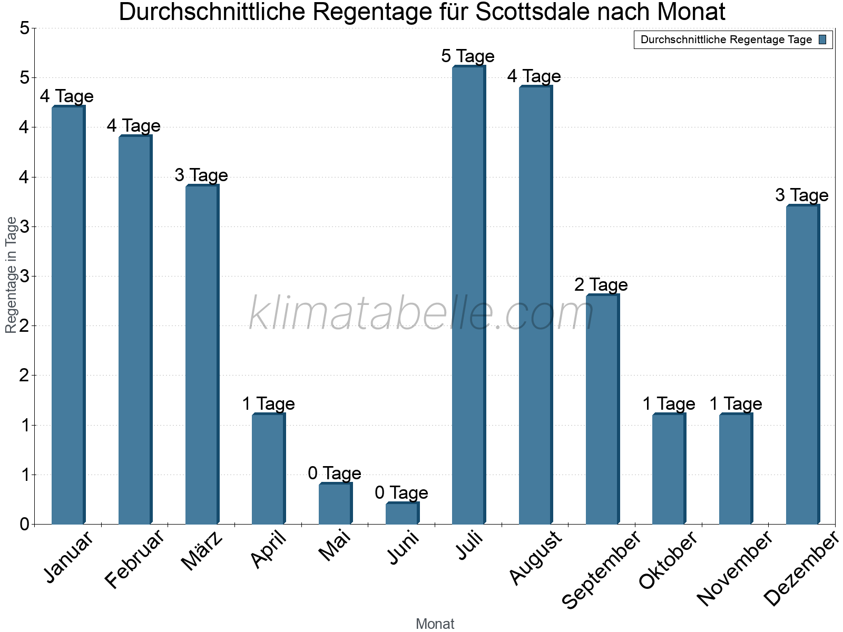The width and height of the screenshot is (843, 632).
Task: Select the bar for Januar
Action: tap(68, 315)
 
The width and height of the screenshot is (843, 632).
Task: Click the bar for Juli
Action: tap(468, 295)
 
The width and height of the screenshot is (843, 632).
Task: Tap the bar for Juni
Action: tap(402, 513)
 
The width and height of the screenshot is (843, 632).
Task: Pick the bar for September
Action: tap(602, 410)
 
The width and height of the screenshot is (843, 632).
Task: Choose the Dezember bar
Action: tap(802, 364)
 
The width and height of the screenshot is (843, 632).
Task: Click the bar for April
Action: tap(268, 469)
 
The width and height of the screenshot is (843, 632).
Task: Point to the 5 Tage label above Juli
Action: tap(468, 56)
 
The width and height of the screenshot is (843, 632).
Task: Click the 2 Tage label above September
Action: tap(601, 285)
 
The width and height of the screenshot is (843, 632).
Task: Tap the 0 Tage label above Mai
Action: tap(335, 473)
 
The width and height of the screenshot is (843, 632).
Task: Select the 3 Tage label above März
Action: tap(201, 175)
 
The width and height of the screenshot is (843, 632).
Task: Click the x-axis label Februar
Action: tap(134, 559)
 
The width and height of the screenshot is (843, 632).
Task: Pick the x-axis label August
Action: tap(536, 558)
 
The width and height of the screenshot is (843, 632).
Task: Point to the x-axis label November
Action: tap(734, 568)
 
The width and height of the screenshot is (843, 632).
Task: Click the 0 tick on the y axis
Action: tap(24, 525)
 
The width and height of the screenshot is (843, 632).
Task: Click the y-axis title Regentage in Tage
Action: tap(11, 275)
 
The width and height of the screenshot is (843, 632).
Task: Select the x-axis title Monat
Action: tap(435, 624)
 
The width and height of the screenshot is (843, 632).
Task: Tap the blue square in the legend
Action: tap(822, 39)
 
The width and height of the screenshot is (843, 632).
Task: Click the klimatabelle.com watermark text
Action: tap(421, 314)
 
